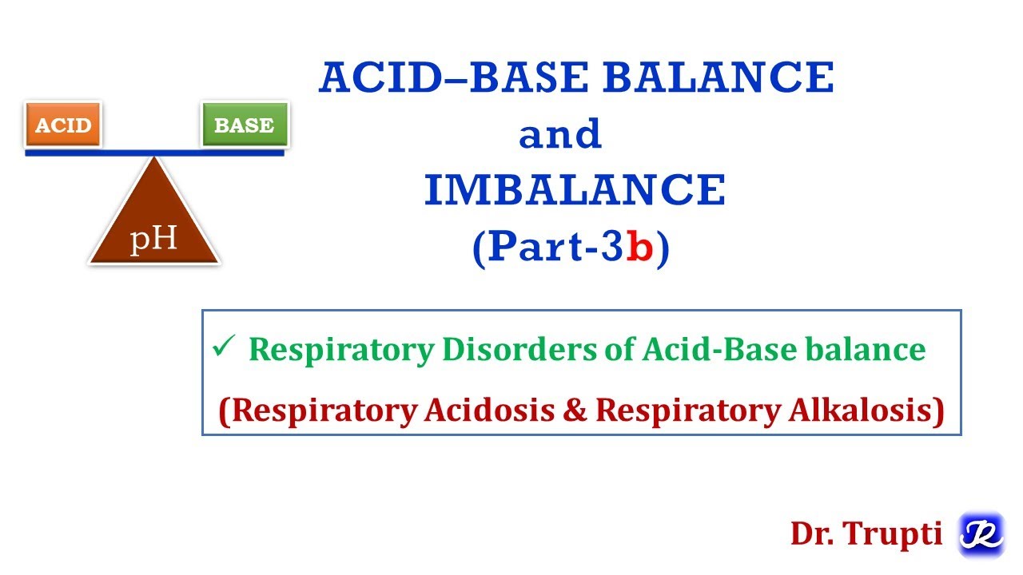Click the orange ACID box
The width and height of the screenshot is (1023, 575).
(x=63, y=125)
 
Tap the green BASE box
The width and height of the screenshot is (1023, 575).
(x=244, y=125)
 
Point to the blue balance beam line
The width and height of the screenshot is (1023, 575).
(x=154, y=152)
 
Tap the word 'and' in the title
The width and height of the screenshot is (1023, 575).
(x=559, y=135)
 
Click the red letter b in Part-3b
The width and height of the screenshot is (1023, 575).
(x=640, y=248)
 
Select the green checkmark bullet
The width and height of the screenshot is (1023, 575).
(x=221, y=347)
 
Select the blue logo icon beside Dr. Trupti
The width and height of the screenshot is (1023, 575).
(x=981, y=534)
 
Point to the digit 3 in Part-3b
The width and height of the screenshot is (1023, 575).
(x=611, y=248)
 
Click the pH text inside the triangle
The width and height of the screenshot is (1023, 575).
(x=153, y=239)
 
